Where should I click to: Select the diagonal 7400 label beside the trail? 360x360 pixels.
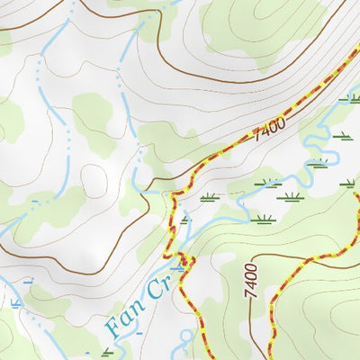[x=269, y=131]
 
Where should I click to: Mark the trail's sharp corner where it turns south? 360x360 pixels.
[x=171, y=192]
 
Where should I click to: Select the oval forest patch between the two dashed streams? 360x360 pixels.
[x=93, y=112]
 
